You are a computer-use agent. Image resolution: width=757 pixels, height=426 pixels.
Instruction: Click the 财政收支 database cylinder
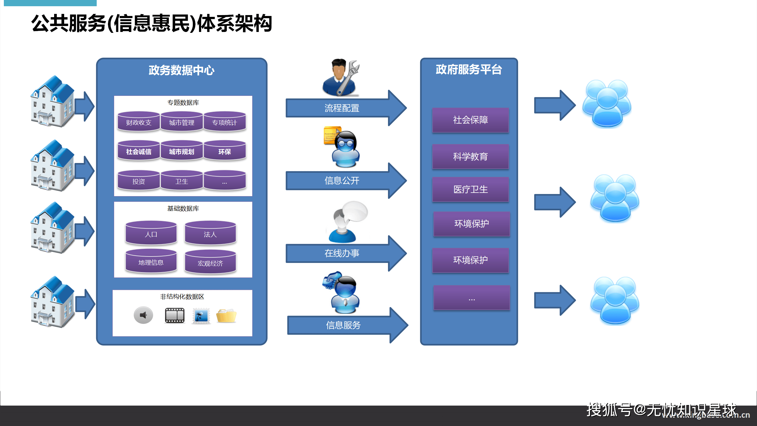click(138, 122)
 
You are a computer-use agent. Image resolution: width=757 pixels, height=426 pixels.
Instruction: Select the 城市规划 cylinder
click(182, 151)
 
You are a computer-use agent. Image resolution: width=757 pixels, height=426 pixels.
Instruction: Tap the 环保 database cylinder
click(225, 151)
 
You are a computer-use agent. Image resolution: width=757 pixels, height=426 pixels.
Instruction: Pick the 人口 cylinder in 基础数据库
click(151, 234)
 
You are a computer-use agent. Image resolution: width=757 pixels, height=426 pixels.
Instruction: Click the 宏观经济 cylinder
click(210, 262)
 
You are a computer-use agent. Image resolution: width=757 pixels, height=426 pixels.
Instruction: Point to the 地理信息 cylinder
click(151, 262)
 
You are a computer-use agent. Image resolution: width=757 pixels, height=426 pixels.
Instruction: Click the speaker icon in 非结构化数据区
click(143, 315)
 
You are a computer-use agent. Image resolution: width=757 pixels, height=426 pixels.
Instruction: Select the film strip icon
click(175, 315)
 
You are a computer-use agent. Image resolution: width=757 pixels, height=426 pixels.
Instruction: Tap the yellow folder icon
click(226, 316)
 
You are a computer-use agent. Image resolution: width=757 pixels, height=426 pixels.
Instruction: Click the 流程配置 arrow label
click(342, 108)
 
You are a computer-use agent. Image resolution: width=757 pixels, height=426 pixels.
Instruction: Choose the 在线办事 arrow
click(342, 253)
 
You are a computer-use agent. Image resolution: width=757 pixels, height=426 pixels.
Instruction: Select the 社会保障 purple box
click(470, 120)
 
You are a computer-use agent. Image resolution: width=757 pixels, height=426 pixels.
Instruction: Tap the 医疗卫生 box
click(470, 189)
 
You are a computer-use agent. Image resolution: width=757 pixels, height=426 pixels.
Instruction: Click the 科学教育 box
click(470, 156)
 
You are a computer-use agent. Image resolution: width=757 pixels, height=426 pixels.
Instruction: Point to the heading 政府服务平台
click(469, 70)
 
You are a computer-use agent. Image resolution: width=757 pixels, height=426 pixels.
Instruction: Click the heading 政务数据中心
click(182, 70)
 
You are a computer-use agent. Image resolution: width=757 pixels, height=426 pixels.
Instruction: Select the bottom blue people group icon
click(615, 301)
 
